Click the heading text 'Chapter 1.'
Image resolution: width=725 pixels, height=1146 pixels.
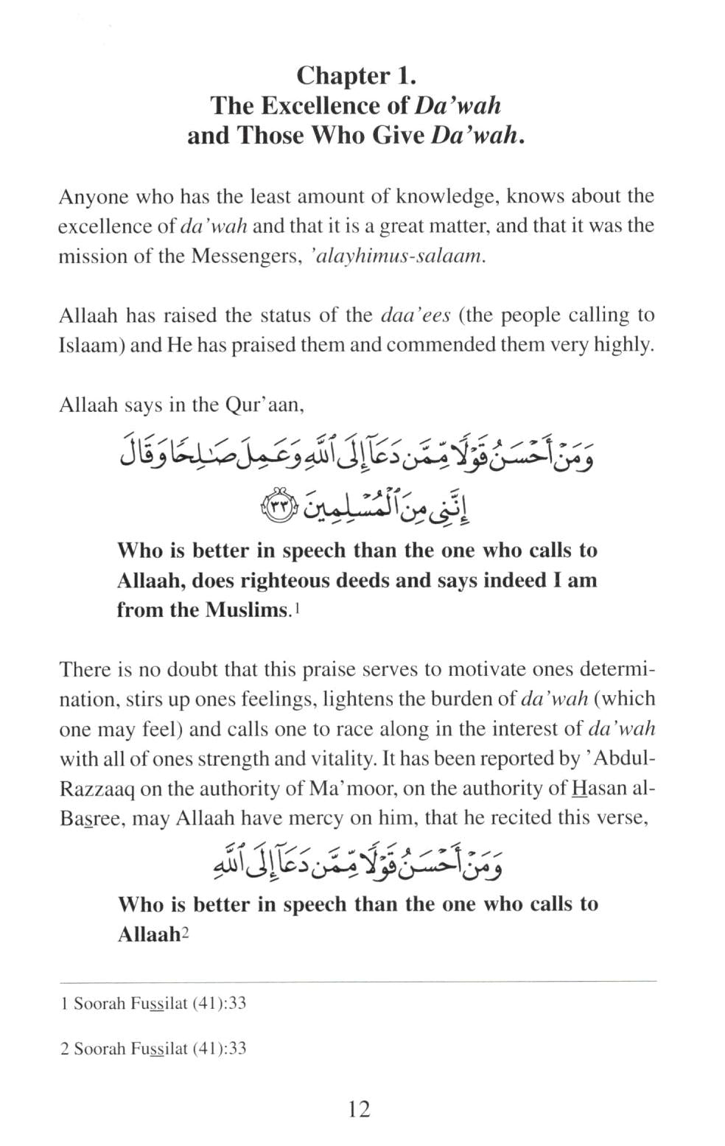coord(356,76)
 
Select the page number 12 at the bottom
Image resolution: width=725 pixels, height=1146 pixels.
coord(359,1108)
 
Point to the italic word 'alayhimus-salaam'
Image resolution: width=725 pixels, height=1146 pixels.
coord(401,256)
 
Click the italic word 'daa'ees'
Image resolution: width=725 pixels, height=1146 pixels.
coord(415,315)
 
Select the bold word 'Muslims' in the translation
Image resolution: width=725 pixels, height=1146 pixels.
coord(246,610)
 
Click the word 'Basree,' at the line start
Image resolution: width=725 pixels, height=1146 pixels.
coord(93,819)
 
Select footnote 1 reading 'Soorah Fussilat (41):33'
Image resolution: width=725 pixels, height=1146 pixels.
coord(153,1004)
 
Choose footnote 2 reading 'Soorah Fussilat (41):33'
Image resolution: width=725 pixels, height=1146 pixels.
coord(153,1048)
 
